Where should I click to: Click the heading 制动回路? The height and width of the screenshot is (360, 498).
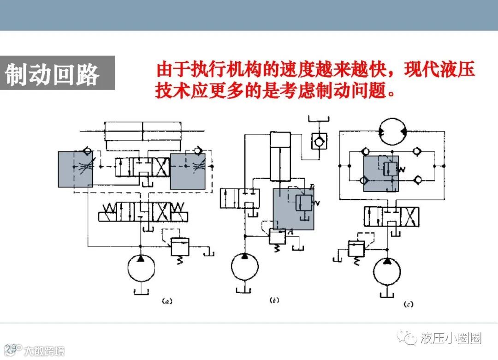(52, 74)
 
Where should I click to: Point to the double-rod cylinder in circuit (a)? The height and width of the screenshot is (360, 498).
(143, 131)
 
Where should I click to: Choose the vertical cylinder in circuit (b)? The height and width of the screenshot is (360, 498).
(280, 157)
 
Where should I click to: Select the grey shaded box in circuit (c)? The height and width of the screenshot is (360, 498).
(381, 173)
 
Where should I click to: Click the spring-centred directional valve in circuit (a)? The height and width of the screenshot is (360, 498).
(143, 214)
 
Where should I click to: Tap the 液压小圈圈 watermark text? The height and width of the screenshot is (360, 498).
(451, 339)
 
